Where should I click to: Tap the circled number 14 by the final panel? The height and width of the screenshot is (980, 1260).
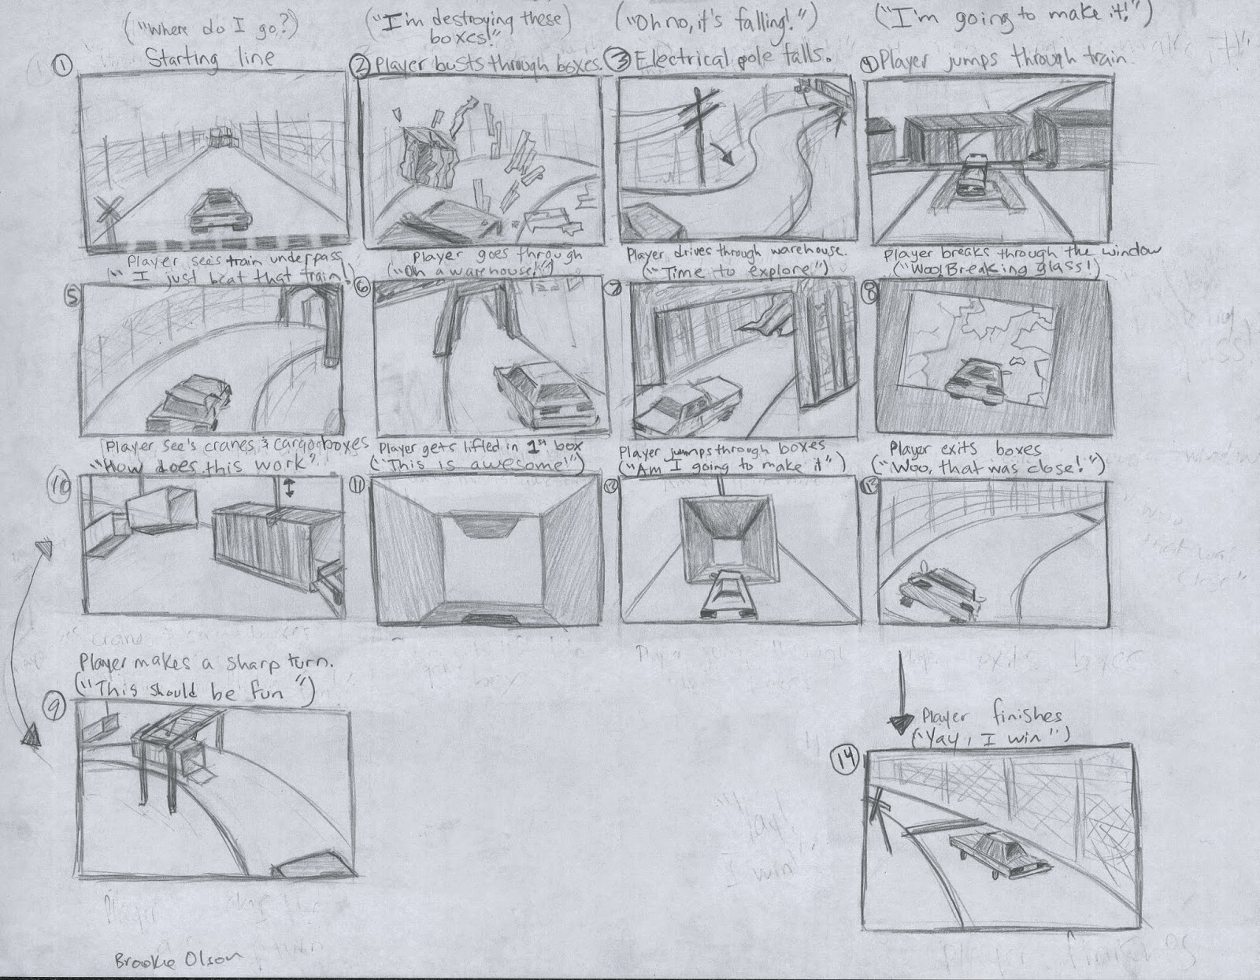point(845,763)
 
